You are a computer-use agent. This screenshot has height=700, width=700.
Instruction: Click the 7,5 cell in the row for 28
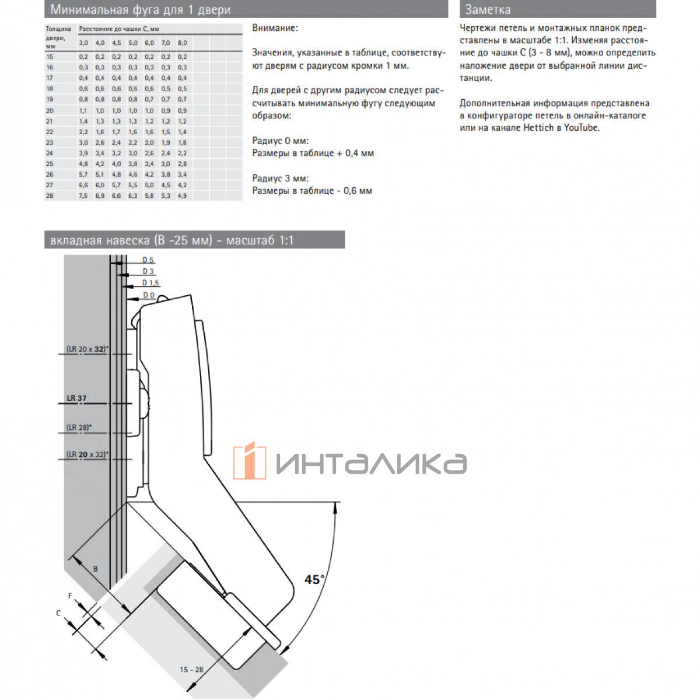[x=83, y=196]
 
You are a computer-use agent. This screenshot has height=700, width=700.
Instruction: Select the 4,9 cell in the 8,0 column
[x=182, y=196]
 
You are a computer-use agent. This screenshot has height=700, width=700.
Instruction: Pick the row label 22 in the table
[x=49, y=132]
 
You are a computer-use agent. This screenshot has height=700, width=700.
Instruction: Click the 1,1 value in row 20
[x=83, y=110]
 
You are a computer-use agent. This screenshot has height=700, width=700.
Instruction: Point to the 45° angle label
[x=314, y=579]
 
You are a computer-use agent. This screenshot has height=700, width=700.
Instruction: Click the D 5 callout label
[x=148, y=260]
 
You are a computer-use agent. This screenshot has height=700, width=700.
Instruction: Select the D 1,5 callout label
[x=150, y=283]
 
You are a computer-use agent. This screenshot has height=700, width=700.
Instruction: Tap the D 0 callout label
[x=149, y=295]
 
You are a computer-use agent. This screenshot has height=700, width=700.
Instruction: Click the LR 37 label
[x=76, y=398]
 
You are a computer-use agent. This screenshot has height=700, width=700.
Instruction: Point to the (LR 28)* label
[x=79, y=428]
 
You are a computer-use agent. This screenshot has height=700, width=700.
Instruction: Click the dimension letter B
[x=96, y=568]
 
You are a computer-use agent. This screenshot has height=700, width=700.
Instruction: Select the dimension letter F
[x=71, y=596]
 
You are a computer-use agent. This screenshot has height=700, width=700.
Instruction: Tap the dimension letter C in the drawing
[x=58, y=613]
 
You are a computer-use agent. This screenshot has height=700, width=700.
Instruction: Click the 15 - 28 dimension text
[x=192, y=670]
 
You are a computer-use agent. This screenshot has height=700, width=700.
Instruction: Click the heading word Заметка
[x=488, y=10]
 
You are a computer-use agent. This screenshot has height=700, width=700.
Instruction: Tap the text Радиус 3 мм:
[x=280, y=178]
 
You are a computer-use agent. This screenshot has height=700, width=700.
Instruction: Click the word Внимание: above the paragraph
[x=275, y=28]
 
